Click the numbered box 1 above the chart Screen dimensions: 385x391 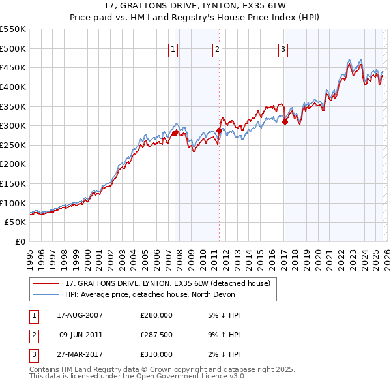(173, 49)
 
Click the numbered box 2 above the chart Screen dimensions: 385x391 (217, 49)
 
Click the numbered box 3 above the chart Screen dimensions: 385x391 (284, 49)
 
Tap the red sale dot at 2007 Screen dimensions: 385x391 (175, 133)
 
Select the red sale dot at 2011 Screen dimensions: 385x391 (219, 131)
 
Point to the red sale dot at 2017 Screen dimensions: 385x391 (285, 121)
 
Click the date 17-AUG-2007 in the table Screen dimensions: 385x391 (80, 315)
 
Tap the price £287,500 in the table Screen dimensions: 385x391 (156, 335)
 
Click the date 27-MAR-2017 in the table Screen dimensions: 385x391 (80, 354)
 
